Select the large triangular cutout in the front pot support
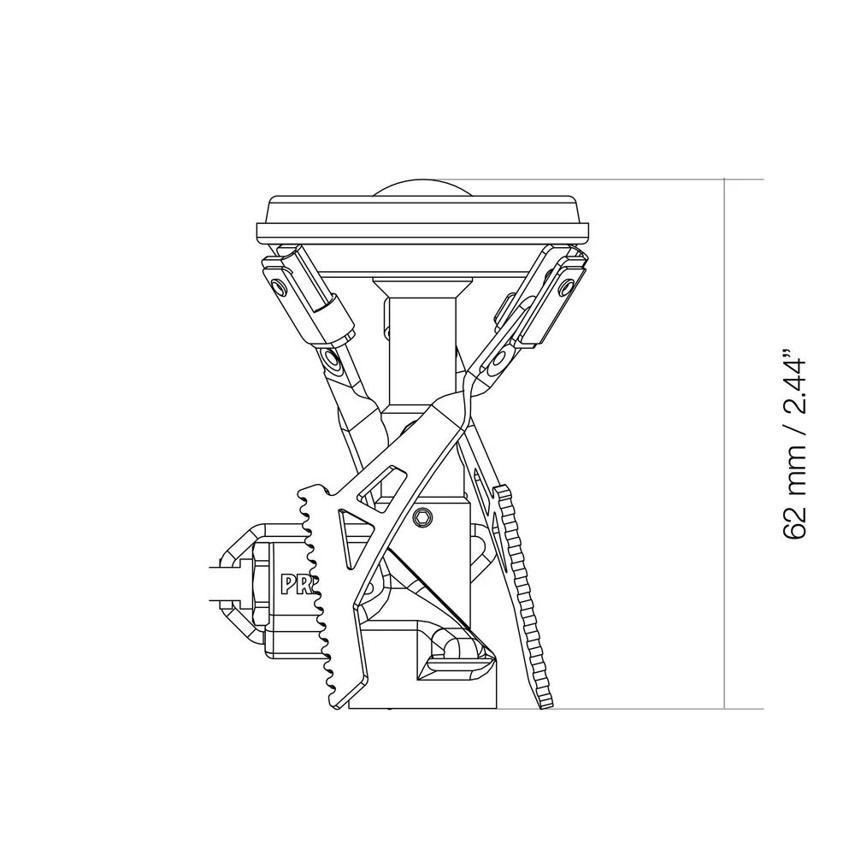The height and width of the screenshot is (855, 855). pyautogui.click(x=345, y=540)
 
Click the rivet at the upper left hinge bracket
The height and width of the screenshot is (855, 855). pyautogui.click(x=276, y=285)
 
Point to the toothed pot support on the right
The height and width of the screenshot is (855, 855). pyautogui.click(x=523, y=590)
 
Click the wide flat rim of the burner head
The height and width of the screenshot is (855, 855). pyautogui.click(x=423, y=231)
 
